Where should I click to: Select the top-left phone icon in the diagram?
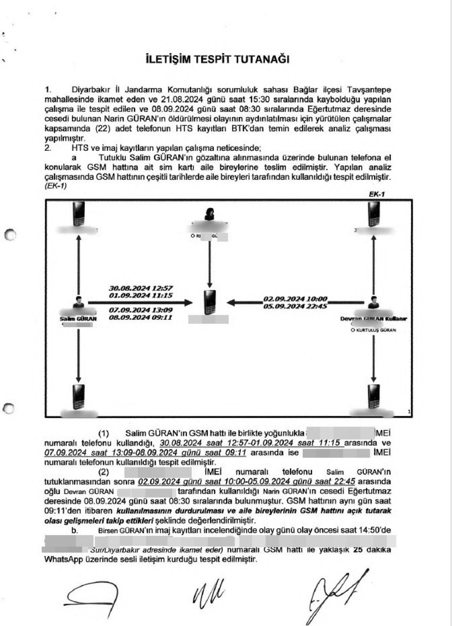79,213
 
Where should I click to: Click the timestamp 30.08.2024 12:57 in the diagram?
140,288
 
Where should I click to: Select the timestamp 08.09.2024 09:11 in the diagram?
140,317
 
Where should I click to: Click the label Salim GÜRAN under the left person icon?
78,318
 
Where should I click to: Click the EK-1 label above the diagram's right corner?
376,194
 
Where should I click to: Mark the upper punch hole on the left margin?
11,234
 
